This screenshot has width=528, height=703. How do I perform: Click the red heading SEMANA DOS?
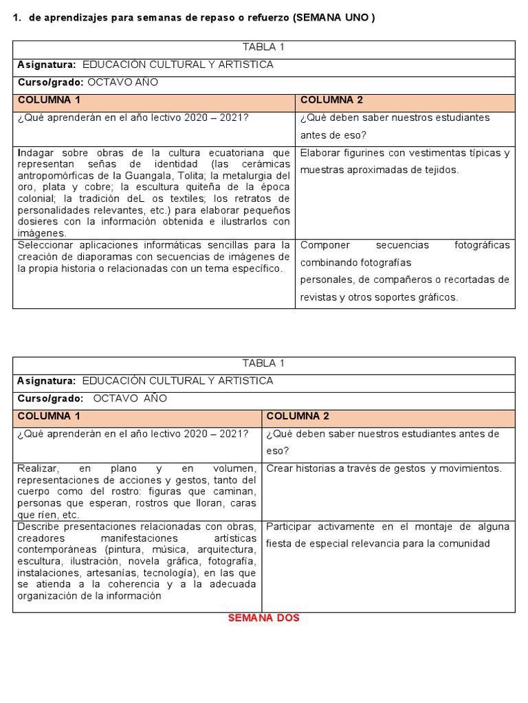point(263,618)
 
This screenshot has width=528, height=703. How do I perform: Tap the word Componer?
point(325,245)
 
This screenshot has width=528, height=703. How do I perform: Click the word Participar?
point(291,527)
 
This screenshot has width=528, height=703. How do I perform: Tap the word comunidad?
point(465,544)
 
